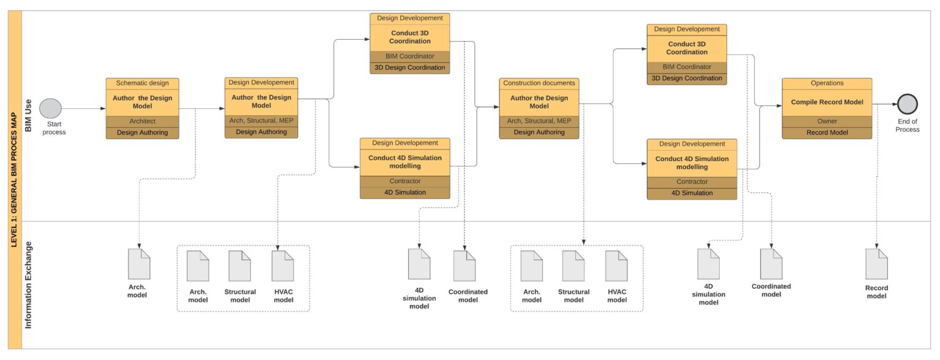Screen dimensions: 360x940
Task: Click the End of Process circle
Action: [906, 104]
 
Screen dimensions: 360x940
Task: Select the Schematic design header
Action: [142, 83]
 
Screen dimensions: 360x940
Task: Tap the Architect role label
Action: [142, 121]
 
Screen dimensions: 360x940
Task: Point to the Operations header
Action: [827, 83]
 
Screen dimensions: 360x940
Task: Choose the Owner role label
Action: [827, 121]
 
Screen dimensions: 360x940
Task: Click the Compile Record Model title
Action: [827, 102]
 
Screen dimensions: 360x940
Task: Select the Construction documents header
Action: [539, 83]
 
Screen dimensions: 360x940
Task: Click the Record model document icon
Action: [876, 264]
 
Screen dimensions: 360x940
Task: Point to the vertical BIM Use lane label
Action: [28, 116]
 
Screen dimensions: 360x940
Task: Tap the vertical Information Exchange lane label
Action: [28, 285]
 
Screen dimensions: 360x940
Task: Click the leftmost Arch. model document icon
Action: [139, 264]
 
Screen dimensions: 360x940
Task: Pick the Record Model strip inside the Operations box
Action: [827, 132]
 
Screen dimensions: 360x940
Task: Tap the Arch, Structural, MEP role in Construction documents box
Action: [539, 121]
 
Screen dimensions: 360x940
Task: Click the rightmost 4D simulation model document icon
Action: [708, 264]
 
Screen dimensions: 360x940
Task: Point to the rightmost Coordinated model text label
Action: [771, 290]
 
